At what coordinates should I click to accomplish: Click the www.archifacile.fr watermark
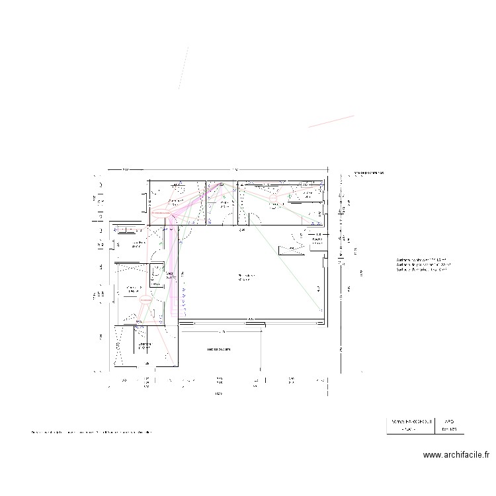(x=456, y=455)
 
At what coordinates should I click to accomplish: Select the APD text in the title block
(x=449, y=421)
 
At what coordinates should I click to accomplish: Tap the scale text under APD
(x=449, y=429)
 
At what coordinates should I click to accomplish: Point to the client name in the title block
(x=409, y=421)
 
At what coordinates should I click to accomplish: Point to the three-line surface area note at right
(x=422, y=265)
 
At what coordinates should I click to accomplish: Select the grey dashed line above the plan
(x=183, y=67)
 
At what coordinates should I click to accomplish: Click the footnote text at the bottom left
(x=93, y=433)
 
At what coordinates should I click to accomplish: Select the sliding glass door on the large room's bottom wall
(x=251, y=321)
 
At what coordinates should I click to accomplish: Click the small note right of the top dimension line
(x=368, y=173)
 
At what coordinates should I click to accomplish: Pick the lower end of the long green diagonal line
(x=323, y=311)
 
